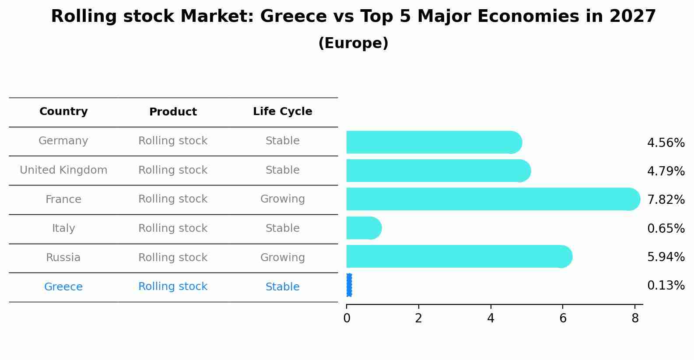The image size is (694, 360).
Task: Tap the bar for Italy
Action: [363, 228]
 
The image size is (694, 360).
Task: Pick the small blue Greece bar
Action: [349, 285]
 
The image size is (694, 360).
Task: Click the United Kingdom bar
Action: [438, 171]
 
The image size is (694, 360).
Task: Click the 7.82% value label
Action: [666, 200]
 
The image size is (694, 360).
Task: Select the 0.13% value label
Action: [666, 286]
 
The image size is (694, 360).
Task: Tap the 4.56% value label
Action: [666, 143]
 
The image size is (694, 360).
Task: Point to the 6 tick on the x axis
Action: [563, 318]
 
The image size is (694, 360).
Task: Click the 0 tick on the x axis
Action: [347, 318]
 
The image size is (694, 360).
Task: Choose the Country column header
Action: [63, 112]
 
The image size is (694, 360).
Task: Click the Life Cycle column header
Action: [282, 112]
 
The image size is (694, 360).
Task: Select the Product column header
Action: [173, 112]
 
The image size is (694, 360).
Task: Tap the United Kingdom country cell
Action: [63, 170]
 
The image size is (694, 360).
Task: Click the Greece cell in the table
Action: [63, 287]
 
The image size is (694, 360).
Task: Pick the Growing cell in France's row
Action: [282, 199]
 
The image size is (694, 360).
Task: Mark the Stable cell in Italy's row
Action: [282, 228]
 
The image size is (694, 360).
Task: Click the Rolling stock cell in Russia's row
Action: [173, 258]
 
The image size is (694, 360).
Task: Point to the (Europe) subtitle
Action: [353, 43]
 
